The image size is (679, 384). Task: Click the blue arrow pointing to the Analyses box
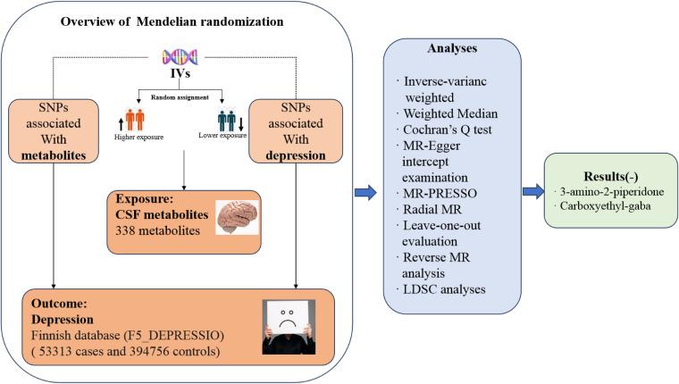(365, 189)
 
